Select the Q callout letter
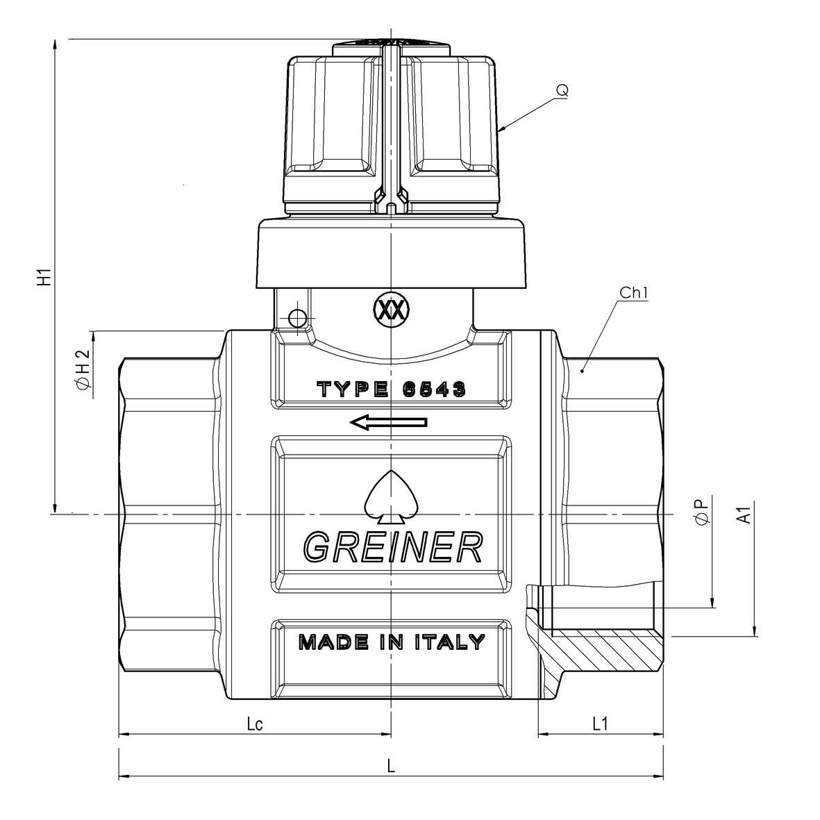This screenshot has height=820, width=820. (562, 90)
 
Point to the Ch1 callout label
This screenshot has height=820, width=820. (633, 293)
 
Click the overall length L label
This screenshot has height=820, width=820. (392, 766)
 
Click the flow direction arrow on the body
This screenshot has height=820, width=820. (389, 421)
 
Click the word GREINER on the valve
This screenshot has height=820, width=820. (392, 546)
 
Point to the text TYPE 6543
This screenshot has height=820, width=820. (391, 389)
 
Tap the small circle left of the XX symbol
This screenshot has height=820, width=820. (297, 317)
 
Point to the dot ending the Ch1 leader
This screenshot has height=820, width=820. (583, 371)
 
